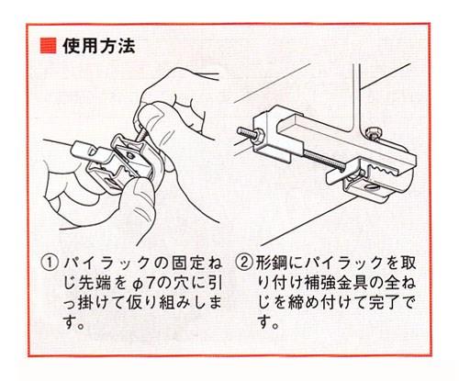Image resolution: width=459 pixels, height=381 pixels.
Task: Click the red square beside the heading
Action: [x=48, y=46]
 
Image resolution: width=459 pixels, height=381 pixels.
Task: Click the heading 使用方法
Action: [x=99, y=46]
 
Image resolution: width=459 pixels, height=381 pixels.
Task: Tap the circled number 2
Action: [x=244, y=263]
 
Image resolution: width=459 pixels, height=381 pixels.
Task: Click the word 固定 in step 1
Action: [x=187, y=263]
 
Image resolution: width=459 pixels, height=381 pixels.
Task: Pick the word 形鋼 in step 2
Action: [x=271, y=263]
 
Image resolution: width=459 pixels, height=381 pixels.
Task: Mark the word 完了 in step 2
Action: [x=385, y=304]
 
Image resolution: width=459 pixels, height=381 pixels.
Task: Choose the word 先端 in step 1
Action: [x=95, y=284]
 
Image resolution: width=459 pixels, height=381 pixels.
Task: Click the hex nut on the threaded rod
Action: [x=259, y=135]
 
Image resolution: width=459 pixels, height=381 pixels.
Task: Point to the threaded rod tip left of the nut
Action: [x=241, y=131]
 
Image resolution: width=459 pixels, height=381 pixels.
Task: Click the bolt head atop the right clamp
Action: [x=374, y=132]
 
